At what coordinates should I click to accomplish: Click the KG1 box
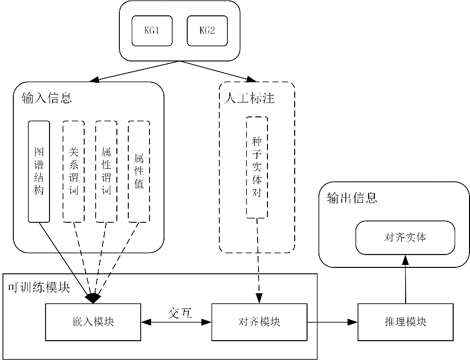point(152,30)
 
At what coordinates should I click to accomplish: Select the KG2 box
point(207,30)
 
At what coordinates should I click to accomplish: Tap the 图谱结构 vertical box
point(39,171)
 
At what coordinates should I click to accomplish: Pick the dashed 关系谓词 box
point(74,171)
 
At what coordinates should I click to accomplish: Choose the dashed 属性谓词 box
point(106,171)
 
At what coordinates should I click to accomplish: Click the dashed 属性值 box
point(139,171)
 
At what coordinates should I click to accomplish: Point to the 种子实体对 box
point(257,167)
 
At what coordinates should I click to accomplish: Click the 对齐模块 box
point(259,322)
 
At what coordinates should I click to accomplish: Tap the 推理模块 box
point(406,322)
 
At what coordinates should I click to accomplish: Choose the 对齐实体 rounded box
point(405,237)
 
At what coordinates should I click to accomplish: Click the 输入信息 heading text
point(47,98)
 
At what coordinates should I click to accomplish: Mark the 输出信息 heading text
point(352,198)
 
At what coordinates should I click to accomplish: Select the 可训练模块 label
point(38,287)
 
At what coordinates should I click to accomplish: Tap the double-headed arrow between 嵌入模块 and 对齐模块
point(176,322)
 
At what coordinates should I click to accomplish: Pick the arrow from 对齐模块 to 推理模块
point(332,322)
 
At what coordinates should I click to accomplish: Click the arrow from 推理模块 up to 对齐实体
point(406,280)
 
